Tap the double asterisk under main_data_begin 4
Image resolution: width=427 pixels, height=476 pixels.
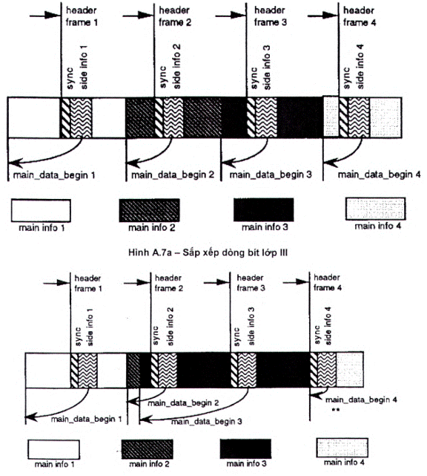tap(336, 410)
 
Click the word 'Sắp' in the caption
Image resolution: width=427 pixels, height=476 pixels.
tap(192, 253)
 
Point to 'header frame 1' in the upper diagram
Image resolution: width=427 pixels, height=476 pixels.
tap(82, 16)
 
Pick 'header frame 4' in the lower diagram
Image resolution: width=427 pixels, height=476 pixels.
tap(328, 282)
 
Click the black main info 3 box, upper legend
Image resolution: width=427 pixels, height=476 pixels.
tap(264, 209)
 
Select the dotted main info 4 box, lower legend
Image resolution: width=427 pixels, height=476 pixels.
tap(342, 448)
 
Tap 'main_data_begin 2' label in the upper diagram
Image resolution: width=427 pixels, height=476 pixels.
tap(173, 175)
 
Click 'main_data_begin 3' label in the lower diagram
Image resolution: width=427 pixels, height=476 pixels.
tap(206, 422)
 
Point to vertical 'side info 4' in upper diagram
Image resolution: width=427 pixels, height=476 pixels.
tap(360, 67)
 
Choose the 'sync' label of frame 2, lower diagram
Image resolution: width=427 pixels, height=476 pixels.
tap(155, 336)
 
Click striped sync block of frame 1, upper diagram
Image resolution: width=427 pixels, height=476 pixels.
tap(65, 118)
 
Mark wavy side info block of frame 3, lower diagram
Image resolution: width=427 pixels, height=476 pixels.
tap(248, 370)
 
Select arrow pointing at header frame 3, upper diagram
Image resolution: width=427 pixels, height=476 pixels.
tap(231, 15)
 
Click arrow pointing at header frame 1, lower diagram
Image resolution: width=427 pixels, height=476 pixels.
tap(56, 283)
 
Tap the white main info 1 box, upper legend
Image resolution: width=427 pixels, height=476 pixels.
tap(41, 210)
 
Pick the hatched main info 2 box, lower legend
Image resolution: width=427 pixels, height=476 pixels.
tap(148, 449)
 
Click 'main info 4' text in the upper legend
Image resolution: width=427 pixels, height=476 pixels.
tap(377, 226)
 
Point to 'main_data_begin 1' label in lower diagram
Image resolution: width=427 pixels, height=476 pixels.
tap(87, 420)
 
